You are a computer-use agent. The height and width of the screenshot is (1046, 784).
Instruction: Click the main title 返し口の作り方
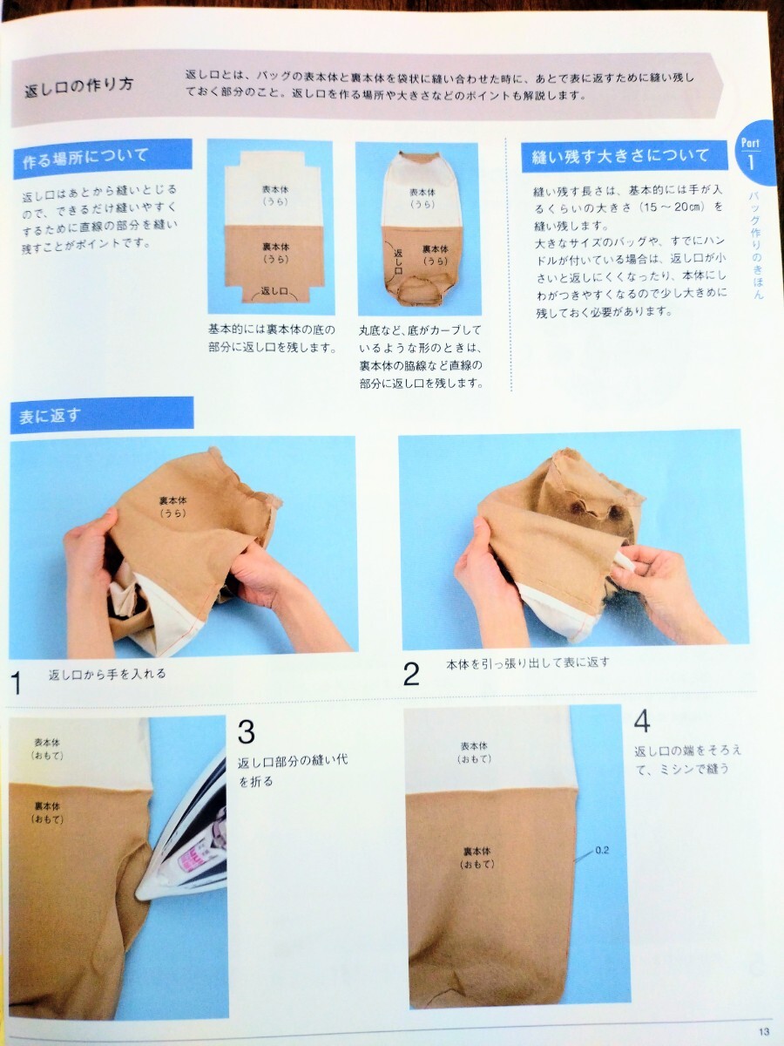(x=79, y=86)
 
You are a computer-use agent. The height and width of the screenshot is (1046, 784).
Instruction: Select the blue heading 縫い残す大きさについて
(x=620, y=156)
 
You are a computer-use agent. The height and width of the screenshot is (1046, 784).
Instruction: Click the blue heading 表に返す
(x=50, y=416)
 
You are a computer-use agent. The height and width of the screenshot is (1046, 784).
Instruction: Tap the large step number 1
(x=17, y=683)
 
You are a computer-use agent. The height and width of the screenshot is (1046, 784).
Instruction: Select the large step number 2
(x=411, y=674)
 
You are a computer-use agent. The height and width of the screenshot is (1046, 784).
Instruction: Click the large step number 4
(x=642, y=721)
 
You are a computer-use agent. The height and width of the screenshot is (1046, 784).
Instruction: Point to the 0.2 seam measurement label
(x=602, y=850)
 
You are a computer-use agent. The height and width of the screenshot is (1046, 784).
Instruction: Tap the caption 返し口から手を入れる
(x=107, y=674)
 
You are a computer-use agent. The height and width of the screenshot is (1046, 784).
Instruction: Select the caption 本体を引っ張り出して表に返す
(x=527, y=662)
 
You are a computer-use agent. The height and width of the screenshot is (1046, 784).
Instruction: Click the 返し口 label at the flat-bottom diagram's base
(x=274, y=291)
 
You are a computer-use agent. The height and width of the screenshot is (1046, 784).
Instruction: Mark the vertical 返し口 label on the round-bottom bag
(x=398, y=262)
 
